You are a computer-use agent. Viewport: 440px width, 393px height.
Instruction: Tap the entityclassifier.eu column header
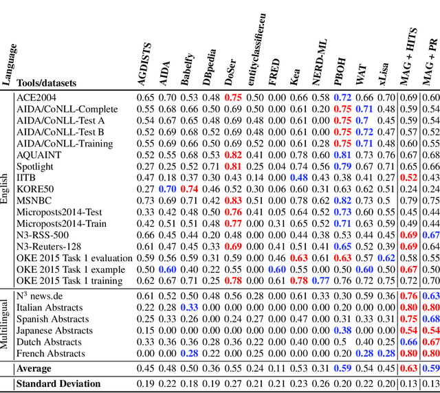(x=256, y=52)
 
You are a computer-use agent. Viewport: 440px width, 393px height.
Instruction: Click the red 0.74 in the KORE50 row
(x=190, y=188)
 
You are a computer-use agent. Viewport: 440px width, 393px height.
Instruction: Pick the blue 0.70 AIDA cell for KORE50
(x=168, y=188)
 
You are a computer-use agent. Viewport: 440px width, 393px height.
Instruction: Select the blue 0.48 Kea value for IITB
(x=298, y=177)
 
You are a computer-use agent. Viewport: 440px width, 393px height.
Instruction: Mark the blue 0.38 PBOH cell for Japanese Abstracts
(x=342, y=330)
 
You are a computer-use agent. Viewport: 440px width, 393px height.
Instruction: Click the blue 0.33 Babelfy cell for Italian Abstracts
(x=190, y=307)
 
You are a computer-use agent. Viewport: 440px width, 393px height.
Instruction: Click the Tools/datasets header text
(x=46, y=83)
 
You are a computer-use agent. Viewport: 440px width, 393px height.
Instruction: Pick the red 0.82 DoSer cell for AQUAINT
(x=234, y=155)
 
